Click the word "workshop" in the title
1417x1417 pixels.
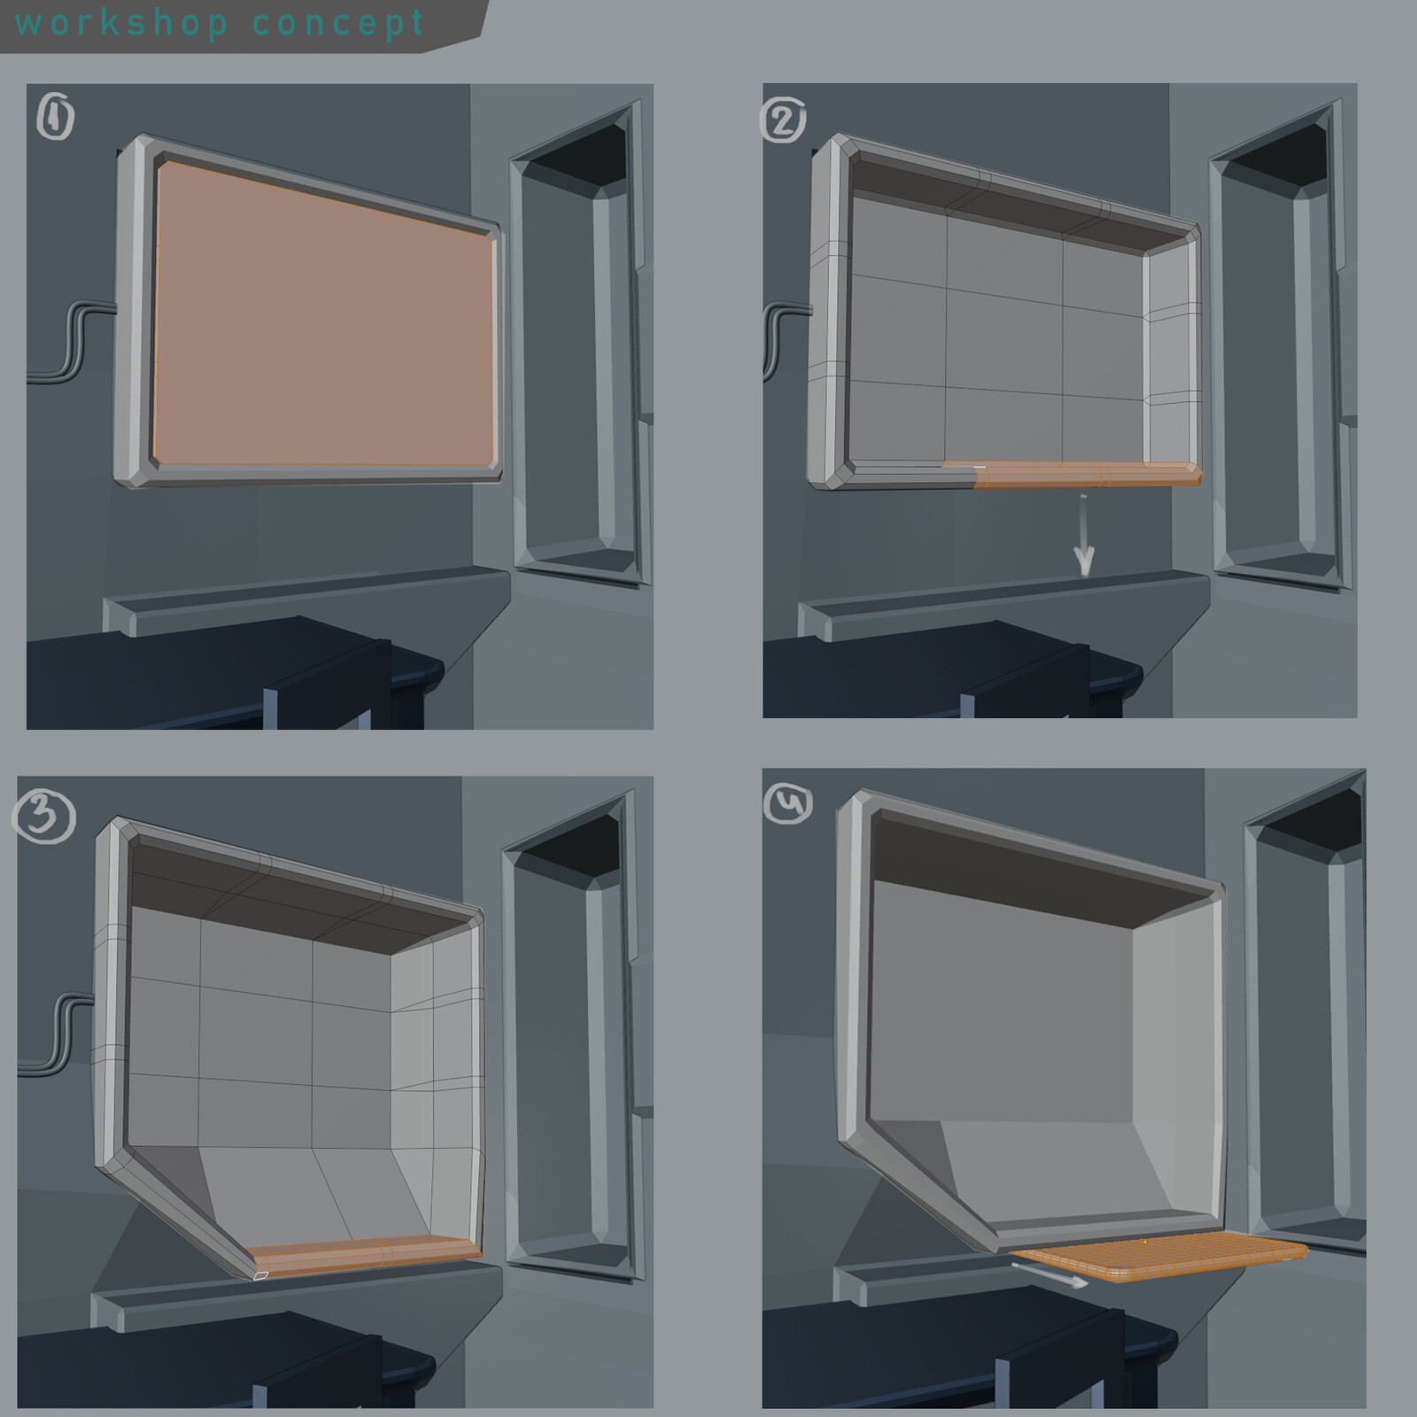[121, 23]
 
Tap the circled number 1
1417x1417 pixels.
[55, 118]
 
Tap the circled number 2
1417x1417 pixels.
[783, 120]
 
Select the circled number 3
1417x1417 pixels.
[43, 817]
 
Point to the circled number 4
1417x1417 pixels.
[787, 805]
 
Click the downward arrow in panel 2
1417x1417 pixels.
[1084, 535]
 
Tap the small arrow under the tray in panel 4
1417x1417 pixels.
[1050, 1274]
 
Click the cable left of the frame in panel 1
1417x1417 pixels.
[71, 341]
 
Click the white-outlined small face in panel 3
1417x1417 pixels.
[260, 1276]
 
